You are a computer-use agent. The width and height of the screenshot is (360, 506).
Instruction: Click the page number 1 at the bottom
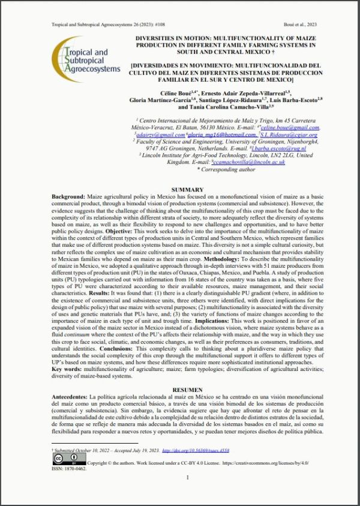[x=187, y=478]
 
